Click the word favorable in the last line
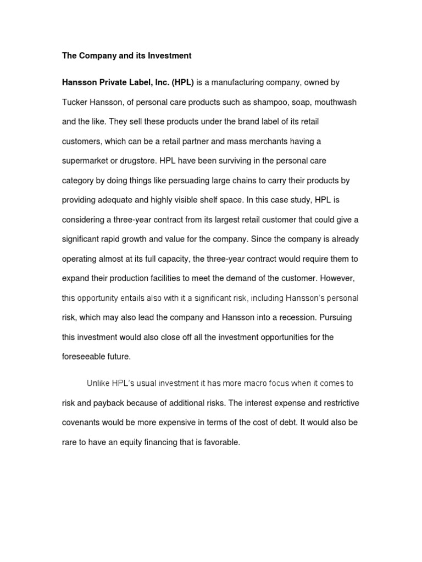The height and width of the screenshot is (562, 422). (221, 442)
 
